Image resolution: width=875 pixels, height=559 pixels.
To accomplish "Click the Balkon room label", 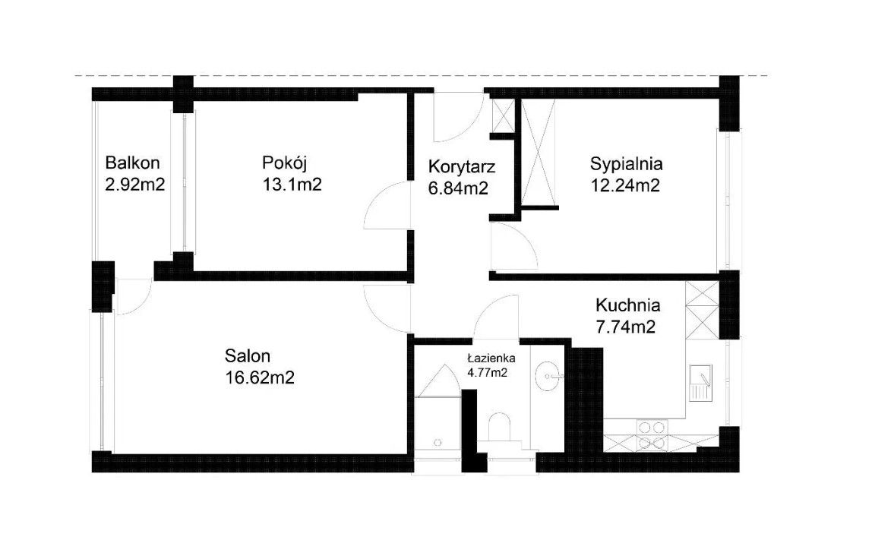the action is [x=132, y=163].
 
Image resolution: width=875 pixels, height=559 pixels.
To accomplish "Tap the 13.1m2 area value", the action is [x=292, y=184].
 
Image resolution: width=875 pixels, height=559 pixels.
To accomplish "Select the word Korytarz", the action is [x=462, y=167].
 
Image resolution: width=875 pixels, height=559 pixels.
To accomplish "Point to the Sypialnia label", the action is [x=626, y=164].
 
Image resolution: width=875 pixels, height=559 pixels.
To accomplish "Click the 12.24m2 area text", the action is [x=626, y=185].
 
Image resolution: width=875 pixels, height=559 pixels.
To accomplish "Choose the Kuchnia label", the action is [x=628, y=305].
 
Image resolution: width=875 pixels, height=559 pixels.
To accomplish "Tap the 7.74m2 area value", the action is [x=626, y=327].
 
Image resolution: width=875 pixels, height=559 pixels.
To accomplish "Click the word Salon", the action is [x=248, y=355].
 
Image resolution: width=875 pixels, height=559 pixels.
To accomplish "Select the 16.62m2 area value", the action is [x=260, y=377].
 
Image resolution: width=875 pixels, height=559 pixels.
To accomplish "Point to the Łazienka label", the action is [x=491, y=358].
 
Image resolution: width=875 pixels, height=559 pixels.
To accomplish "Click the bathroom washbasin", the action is [x=548, y=376].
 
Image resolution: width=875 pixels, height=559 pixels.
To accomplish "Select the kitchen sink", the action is [x=700, y=383].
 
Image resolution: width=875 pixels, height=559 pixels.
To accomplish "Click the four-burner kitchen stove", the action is [x=652, y=435].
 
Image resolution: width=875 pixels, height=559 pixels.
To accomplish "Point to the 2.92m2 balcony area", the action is [x=135, y=184].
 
